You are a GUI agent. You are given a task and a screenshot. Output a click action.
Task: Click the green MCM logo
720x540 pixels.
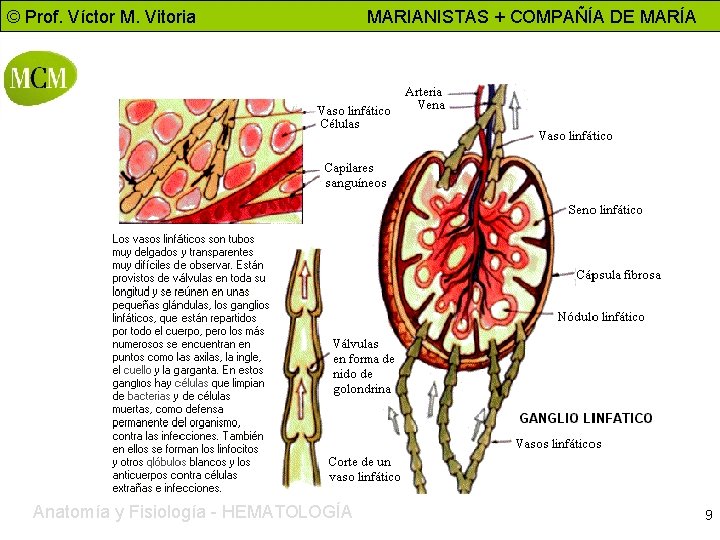41,79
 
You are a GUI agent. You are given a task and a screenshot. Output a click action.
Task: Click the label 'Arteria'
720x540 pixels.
423,92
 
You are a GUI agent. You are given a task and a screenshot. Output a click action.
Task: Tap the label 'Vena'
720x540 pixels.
431,105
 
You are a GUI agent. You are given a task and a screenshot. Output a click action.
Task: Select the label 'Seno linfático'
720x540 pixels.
605,210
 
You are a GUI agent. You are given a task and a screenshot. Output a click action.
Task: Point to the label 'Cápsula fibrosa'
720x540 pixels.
618,275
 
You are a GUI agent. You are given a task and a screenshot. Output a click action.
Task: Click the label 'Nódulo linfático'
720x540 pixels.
601,317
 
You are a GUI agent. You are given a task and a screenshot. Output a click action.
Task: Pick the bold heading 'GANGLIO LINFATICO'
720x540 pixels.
585,418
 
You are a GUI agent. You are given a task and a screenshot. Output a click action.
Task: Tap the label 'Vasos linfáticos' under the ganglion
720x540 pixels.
558,444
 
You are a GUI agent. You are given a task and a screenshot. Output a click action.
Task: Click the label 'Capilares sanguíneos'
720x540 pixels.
355,176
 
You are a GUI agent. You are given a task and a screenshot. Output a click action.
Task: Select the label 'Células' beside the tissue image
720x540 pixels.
340,124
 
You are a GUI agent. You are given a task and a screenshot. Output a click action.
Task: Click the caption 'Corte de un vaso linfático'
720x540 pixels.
364,469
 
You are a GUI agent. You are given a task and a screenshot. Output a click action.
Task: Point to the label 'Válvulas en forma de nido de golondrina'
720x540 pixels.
363,366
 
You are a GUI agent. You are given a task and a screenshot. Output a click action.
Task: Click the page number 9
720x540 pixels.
708,516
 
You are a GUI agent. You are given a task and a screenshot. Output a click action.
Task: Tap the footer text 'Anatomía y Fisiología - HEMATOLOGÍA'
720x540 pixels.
192,512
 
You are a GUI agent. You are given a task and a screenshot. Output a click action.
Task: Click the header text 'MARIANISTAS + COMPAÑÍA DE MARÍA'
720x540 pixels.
531,16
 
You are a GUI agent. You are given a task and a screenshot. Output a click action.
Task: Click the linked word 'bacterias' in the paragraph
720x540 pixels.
149,397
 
